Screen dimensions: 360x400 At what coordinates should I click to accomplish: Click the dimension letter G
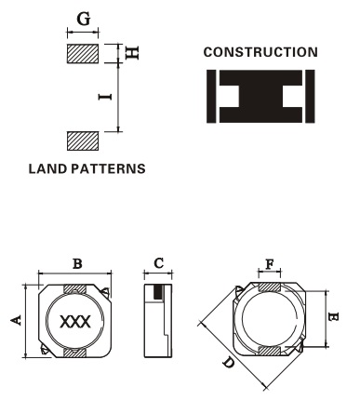[x=84, y=19]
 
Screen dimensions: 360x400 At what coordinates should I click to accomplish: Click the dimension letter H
[x=131, y=53]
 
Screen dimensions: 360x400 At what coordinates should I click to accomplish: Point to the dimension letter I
[x=105, y=97]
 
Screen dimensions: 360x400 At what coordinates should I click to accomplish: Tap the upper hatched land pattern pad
[x=83, y=54]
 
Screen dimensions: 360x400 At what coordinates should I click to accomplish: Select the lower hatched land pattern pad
[x=83, y=141]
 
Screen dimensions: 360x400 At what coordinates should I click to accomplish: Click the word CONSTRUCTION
[x=260, y=52]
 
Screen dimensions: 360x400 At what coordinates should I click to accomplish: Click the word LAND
[x=47, y=168]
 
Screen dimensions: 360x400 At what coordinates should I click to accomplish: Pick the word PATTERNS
[x=108, y=168]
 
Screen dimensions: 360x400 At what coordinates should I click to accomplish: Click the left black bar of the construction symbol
[x=211, y=96]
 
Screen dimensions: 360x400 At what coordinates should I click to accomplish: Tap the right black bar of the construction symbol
[x=310, y=96]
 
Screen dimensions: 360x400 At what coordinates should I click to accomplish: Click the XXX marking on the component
[x=75, y=322]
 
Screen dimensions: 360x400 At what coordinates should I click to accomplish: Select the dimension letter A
[x=16, y=320]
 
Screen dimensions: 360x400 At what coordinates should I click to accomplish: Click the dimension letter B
[x=77, y=264]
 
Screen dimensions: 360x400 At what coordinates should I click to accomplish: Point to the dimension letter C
[x=158, y=263]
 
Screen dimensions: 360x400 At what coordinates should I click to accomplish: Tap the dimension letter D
[x=229, y=363]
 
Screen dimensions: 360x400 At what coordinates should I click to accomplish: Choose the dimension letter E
[x=333, y=317]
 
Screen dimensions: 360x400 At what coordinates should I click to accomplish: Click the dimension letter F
[x=270, y=264]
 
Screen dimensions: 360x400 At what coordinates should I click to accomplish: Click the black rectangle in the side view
[x=158, y=292]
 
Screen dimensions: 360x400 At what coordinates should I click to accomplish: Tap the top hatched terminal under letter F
[x=270, y=287]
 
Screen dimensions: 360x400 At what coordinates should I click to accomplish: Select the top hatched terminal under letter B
[x=74, y=289]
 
